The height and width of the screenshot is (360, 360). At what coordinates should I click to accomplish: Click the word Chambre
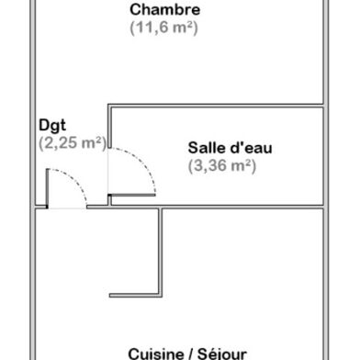click(165, 10)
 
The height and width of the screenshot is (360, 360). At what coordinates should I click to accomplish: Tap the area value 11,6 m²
click(165, 28)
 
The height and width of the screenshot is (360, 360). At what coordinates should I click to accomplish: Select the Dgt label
click(51, 125)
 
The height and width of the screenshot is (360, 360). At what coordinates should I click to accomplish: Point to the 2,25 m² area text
click(73, 142)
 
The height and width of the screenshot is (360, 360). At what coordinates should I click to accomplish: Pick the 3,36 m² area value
click(221, 166)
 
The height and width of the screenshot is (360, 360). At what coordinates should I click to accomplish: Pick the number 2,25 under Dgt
click(61, 142)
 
